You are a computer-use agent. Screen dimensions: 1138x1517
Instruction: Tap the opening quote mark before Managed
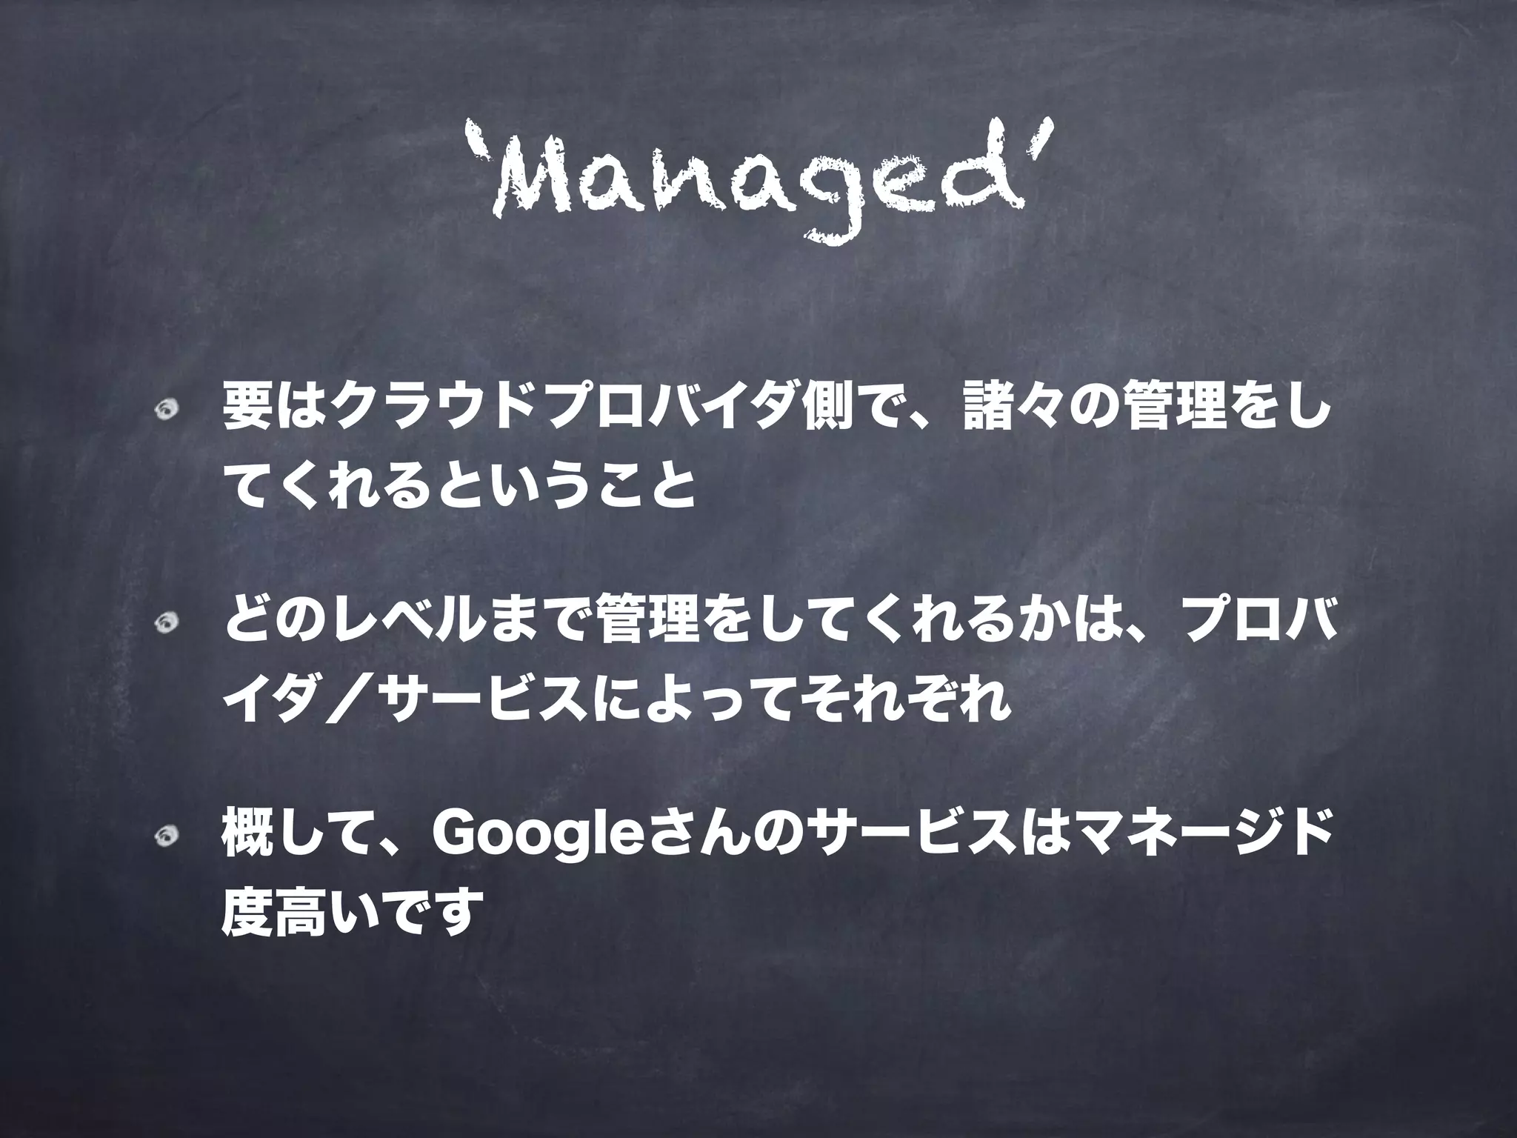tap(478, 141)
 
